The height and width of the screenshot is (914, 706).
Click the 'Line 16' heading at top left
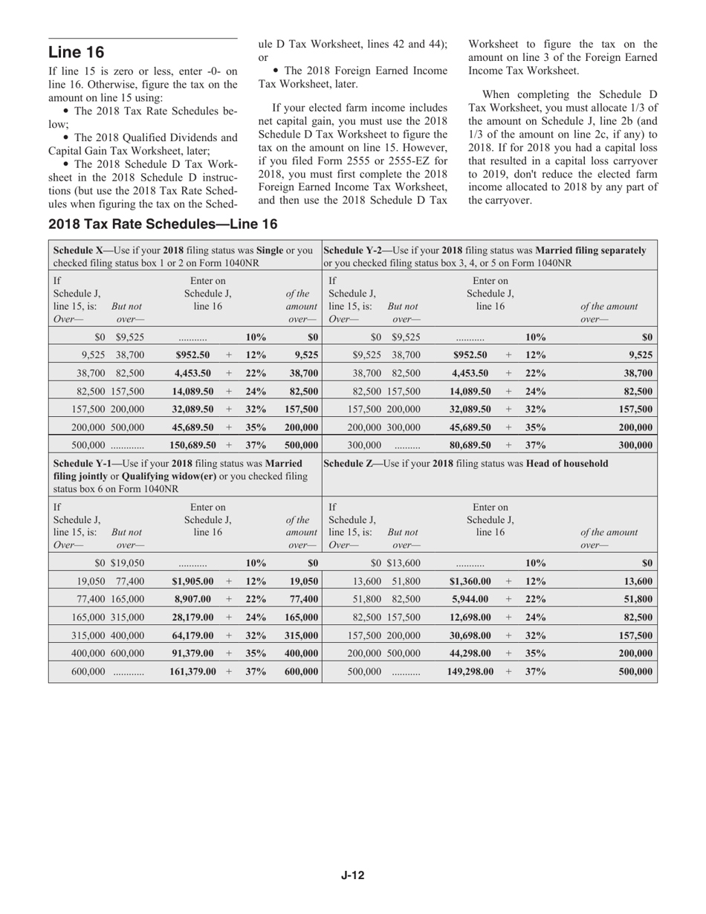coord(76,52)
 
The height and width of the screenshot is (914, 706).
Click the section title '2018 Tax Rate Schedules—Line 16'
coord(163,224)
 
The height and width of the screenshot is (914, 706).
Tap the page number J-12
coord(352,875)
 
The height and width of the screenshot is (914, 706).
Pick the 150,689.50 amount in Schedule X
coord(192,445)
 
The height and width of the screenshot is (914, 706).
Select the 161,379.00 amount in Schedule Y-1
coord(192,672)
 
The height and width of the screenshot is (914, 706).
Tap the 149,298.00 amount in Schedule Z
coord(470,672)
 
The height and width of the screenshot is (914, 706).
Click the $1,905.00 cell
coord(192,581)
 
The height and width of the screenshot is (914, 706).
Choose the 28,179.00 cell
coord(192,617)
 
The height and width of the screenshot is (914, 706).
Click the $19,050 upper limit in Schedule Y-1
coord(127,563)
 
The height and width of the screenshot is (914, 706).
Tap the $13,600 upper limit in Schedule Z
coord(403,563)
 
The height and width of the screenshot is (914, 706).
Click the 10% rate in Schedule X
coord(256,337)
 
